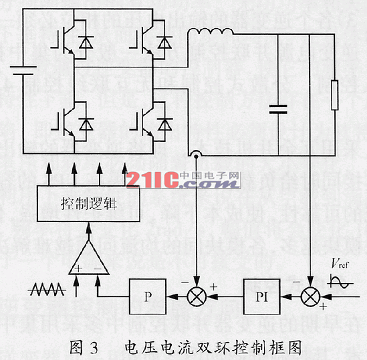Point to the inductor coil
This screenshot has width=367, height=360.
[209, 32]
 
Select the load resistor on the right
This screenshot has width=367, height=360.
[335, 94]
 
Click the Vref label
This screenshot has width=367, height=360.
[339, 262]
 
